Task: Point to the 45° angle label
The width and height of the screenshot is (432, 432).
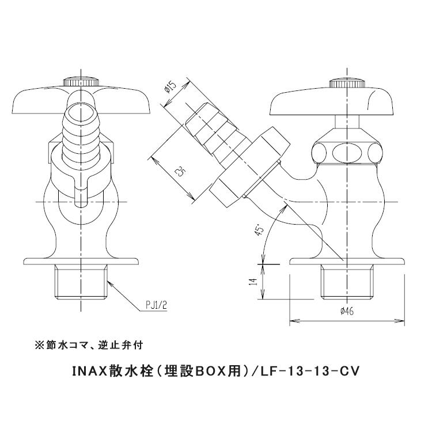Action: pyautogui.click(x=260, y=230)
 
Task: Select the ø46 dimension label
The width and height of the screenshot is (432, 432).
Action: pyautogui.click(x=347, y=311)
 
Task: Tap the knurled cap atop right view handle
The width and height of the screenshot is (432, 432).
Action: pyautogui.click(x=347, y=82)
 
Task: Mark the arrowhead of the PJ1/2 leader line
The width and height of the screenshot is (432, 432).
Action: pyautogui.click(x=107, y=279)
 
